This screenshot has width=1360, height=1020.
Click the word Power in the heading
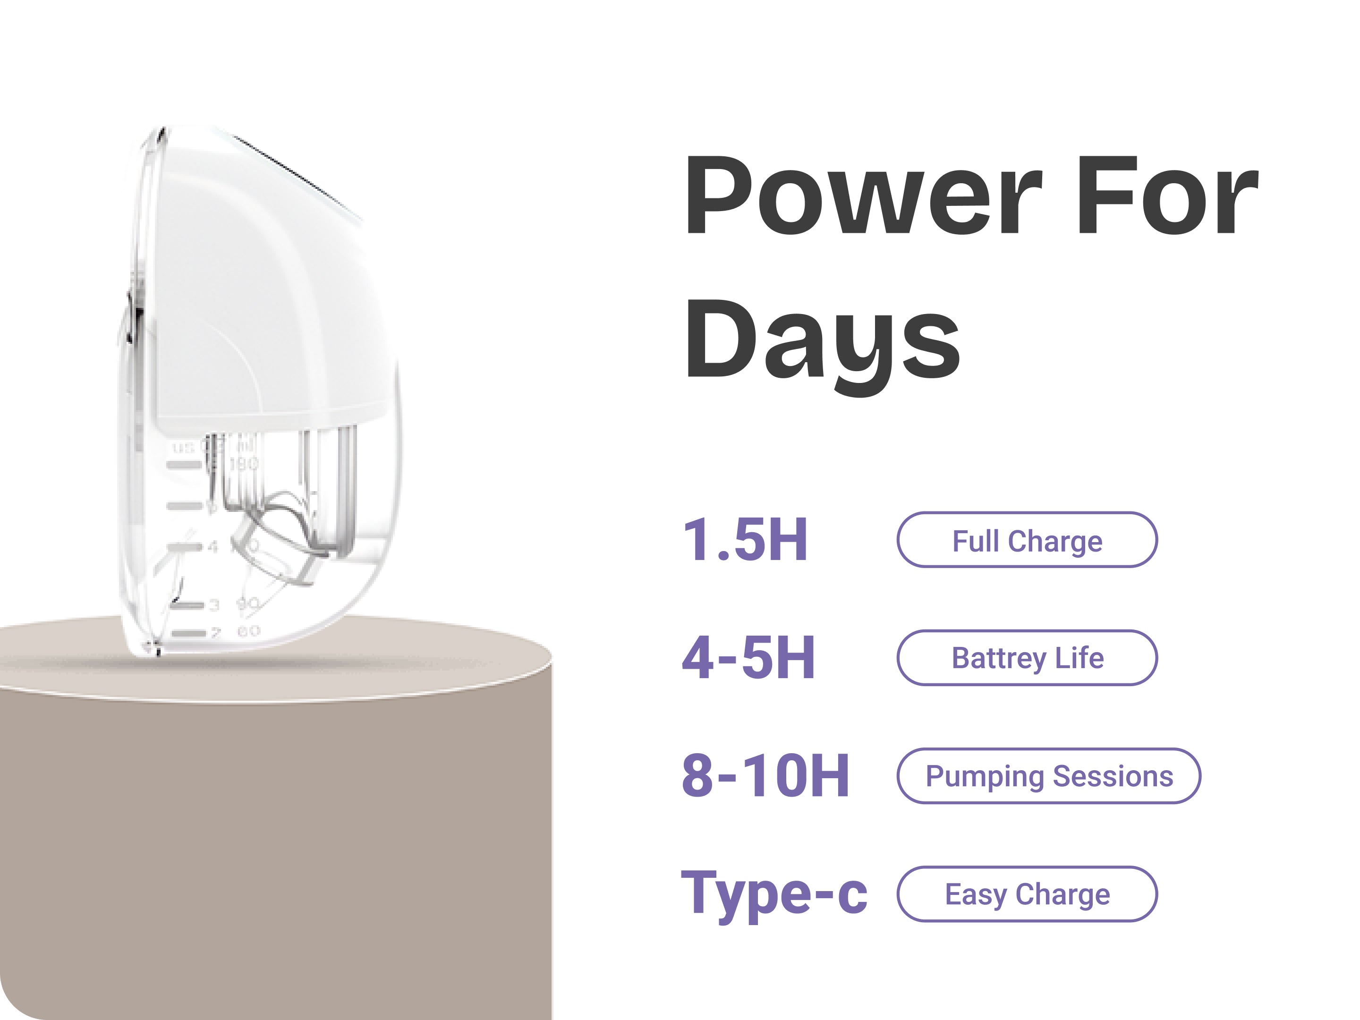pyautogui.click(x=864, y=195)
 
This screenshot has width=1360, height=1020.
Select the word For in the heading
pyautogui.click(x=1169, y=195)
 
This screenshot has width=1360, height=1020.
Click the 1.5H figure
pyautogui.click(x=745, y=539)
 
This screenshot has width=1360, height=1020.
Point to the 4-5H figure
pyautogui.click(x=749, y=657)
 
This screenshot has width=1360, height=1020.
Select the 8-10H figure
pyautogui.click(x=765, y=775)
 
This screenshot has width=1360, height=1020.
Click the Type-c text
pyautogui.click(x=774, y=894)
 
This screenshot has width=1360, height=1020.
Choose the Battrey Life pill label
pyautogui.click(x=1028, y=658)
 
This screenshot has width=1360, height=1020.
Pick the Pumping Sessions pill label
pyautogui.click(x=1049, y=776)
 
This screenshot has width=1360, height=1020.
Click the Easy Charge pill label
pyautogui.click(x=1028, y=894)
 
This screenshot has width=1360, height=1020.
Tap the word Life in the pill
pyautogui.click(x=1079, y=658)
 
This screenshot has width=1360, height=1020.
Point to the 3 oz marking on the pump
pyautogui.click(x=214, y=605)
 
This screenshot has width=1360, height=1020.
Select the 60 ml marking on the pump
pyautogui.click(x=248, y=631)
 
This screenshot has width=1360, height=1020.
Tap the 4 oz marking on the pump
pyautogui.click(x=212, y=546)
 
